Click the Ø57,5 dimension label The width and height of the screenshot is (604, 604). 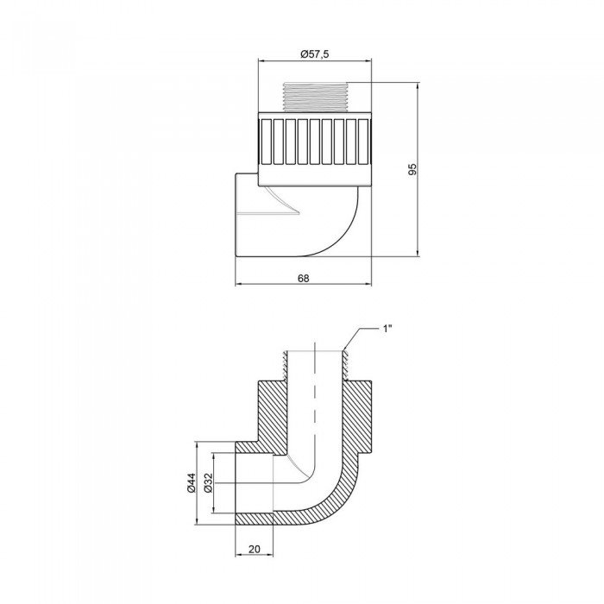315,53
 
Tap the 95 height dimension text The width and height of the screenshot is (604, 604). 412,170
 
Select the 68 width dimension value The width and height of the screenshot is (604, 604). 303,278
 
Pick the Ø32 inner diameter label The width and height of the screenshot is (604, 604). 210,486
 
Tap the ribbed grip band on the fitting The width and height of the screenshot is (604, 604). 315,141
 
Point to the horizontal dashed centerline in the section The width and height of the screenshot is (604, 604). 259,485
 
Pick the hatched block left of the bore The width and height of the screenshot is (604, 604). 274,406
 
